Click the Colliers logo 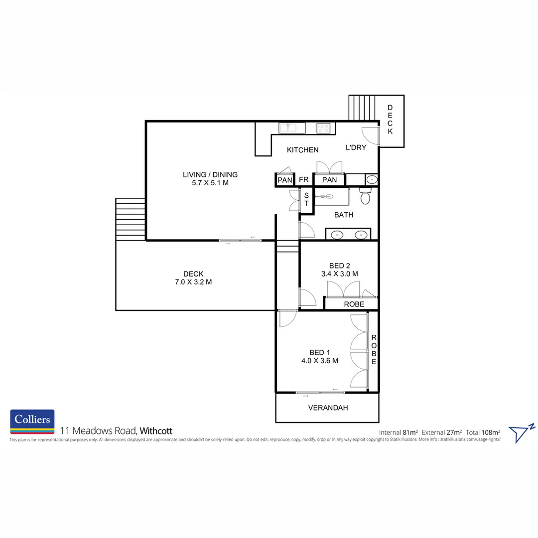pyautogui.click(x=32, y=422)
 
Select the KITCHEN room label pyautogui.click(x=302, y=150)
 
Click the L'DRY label pyautogui.click(x=356, y=147)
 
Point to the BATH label pyautogui.click(x=344, y=215)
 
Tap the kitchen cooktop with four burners pyautogui.click(x=323, y=128)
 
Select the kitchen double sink pyautogui.click(x=287, y=128)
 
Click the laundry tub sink pyautogui.click(x=372, y=180)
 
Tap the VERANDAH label pyautogui.click(x=328, y=408)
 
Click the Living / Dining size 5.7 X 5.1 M pyautogui.click(x=210, y=183)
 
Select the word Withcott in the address pyautogui.click(x=156, y=431)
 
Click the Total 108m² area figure pyautogui.click(x=483, y=432)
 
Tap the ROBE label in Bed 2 pyautogui.click(x=354, y=304)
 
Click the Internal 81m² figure pyautogui.click(x=399, y=432)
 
